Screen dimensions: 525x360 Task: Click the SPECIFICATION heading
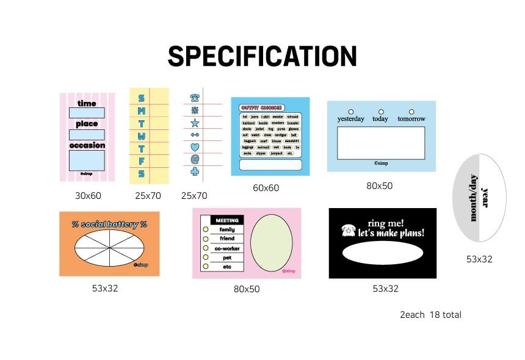pos(262,57)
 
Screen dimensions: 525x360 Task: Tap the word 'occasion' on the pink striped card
pos(87,145)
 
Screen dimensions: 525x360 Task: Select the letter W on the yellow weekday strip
pos(142,135)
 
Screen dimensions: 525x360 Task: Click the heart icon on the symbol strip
pos(195,147)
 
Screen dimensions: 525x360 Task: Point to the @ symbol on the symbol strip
pos(195,159)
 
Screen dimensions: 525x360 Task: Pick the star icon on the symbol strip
pos(195,123)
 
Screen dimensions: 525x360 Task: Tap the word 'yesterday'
pos(351,119)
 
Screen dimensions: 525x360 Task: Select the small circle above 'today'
pos(381,112)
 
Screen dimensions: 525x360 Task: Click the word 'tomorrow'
pos(411,119)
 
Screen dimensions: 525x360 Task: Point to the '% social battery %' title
pos(109,224)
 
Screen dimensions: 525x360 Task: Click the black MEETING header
pos(227,220)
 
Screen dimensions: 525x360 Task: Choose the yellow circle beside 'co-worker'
pos(206,248)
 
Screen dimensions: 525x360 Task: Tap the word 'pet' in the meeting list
pos(227,257)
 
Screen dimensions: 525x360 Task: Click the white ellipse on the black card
pos(383,253)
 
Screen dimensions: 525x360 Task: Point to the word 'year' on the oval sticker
pos(486,197)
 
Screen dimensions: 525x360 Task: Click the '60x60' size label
pos(266,188)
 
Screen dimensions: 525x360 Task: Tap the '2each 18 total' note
pos(430,315)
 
